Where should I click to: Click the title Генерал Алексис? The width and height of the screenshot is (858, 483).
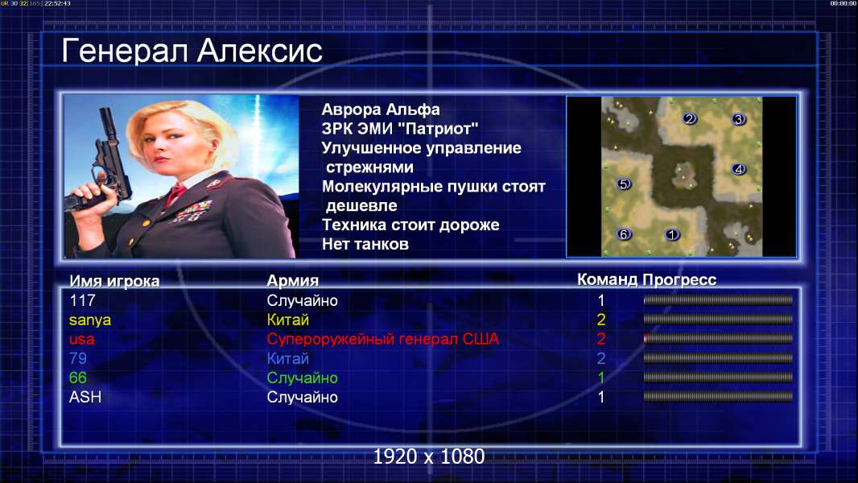pyautogui.click(x=192, y=51)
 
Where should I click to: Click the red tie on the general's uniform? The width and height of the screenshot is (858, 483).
pyautogui.click(x=176, y=194)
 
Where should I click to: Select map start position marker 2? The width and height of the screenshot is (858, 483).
pyautogui.click(x=690, y=118)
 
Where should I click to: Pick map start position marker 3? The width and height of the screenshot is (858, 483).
pyautogui.click(x=739, y=118)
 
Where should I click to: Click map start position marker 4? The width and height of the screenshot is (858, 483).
pyautogui.click(x=739, y=168)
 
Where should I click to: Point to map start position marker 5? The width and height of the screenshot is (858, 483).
pyautogui.click(x=624, y=184)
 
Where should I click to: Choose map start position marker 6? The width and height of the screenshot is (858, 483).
pyautogui.click(x=624, y=234)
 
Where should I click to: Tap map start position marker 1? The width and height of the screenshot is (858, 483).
pyautogui.click(x=672, y=234)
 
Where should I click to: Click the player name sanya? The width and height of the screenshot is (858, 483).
pyautogui.click(x=90, y=320)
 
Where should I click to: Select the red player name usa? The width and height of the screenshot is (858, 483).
pyautogui.click(x=81, y=339)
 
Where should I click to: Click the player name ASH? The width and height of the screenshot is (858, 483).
pyautogui.click(x=85, y=397)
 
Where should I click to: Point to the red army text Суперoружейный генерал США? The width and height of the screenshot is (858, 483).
pyautogui.click(x=383, y=339)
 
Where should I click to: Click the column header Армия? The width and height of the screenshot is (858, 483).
pyautogui.click(x=293, y=281)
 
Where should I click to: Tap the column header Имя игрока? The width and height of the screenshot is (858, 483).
pyautogui.click(x=114, y=281)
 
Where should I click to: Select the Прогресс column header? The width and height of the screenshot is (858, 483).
pyautogui.click(x=679, y=279)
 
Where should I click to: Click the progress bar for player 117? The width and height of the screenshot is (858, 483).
pyautogui.click(x=718, y=299)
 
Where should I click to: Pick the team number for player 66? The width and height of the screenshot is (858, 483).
pyautogui.click(x=600, y=378)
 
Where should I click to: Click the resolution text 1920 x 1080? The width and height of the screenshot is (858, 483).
pyautogui.click(x=429, y=456)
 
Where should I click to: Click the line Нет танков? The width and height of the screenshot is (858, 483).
pyautogui.click(x=365, y=244)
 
